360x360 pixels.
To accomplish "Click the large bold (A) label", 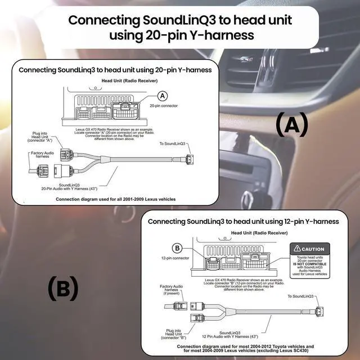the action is tap(292, 124).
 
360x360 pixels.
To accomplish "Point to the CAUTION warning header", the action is tap(310, 249).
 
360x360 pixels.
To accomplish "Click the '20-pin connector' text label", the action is tap(163, 106).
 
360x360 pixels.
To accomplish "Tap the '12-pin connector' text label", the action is tap(175, 259).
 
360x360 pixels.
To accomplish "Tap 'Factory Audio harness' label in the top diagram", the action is tap(39, 154).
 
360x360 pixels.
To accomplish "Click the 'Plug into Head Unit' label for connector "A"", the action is tap(41, 137).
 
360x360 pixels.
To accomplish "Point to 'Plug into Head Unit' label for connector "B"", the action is tap(174, 334).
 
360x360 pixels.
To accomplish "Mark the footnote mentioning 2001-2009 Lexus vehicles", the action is tap(115, 199).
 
